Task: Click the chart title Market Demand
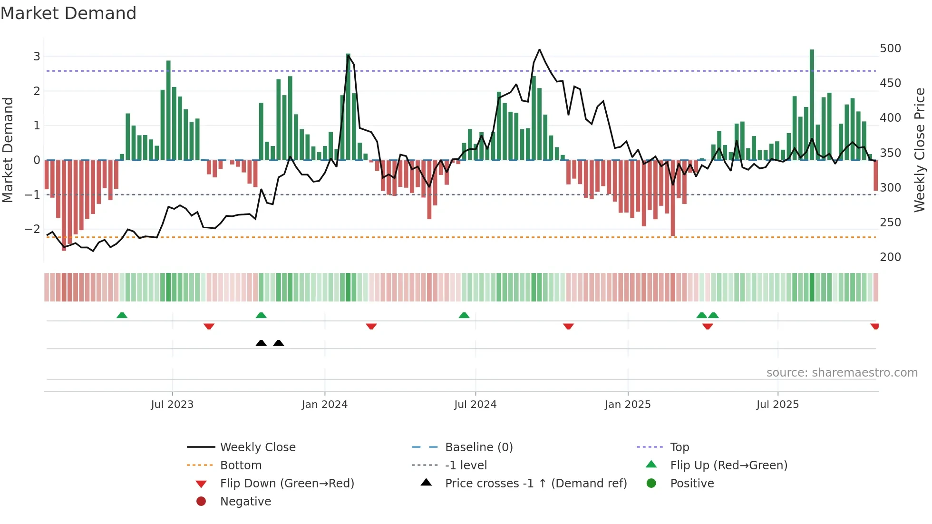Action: tap(68, 13)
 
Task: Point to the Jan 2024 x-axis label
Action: tap(324, 405)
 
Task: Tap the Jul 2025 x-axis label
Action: tap(777, 405)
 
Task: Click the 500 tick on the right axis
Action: tap(890, 49)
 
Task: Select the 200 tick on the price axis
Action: tap(890, 257)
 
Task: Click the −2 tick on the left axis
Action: tap(32, 229)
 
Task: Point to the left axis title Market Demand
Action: tap(8, 150)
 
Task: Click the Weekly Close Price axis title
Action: tap(920, 150)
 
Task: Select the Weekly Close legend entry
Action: tap(257, 447)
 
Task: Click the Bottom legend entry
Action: tap(241, 466)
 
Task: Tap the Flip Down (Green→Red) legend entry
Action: tap(287, 484)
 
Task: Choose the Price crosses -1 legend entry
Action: tap(535, 484)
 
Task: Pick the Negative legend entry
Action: tap(245, 502)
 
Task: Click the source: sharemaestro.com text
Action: tap(842, 373)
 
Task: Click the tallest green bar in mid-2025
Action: tap(812, 105)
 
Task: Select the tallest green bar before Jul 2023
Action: tap(168, 109)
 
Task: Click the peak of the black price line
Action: tap(539, 49)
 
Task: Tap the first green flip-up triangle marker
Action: tap(122, 315)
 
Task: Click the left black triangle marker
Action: tap(261, 343)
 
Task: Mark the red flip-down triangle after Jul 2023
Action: tap(209, 326)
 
